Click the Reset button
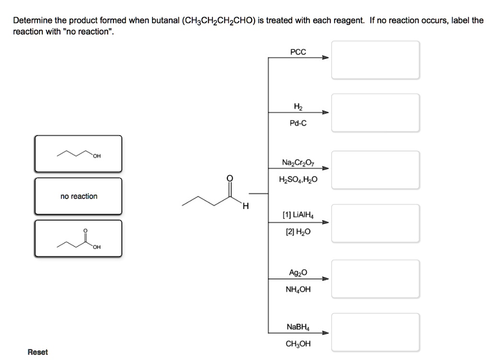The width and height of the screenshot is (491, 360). tap(38, 352)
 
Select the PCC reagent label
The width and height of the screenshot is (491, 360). tap(298, 52)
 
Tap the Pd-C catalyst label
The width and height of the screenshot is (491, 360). tap(298, 123)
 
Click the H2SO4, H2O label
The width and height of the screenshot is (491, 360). tap(298, 180)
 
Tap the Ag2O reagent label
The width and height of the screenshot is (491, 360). tap(298, 273)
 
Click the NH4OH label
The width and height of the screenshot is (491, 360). tap(298, 290)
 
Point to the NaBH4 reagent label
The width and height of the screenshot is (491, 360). tap(298, 327)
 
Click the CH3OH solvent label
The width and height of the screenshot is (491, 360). tap(298, 344)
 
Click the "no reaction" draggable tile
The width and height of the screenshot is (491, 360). tap(78, 196)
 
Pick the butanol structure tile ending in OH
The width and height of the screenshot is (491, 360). tap(78, 153)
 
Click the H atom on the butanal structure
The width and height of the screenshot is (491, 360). tap(245, 207)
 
